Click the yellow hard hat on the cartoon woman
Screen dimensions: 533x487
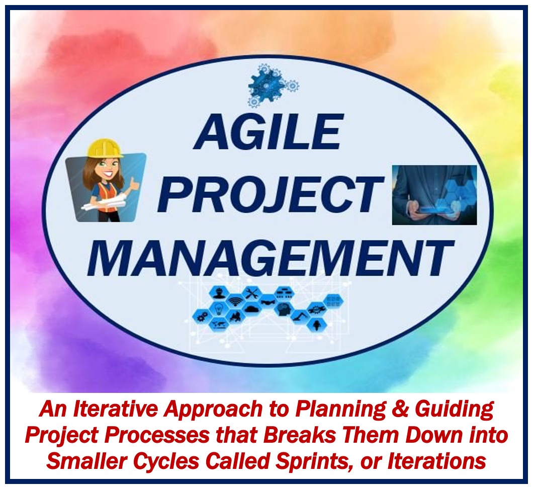[x=104, y=148]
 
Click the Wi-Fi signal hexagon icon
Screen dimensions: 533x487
[x=236, y=301]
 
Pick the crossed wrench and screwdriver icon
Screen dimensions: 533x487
[x=252, y=293]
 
